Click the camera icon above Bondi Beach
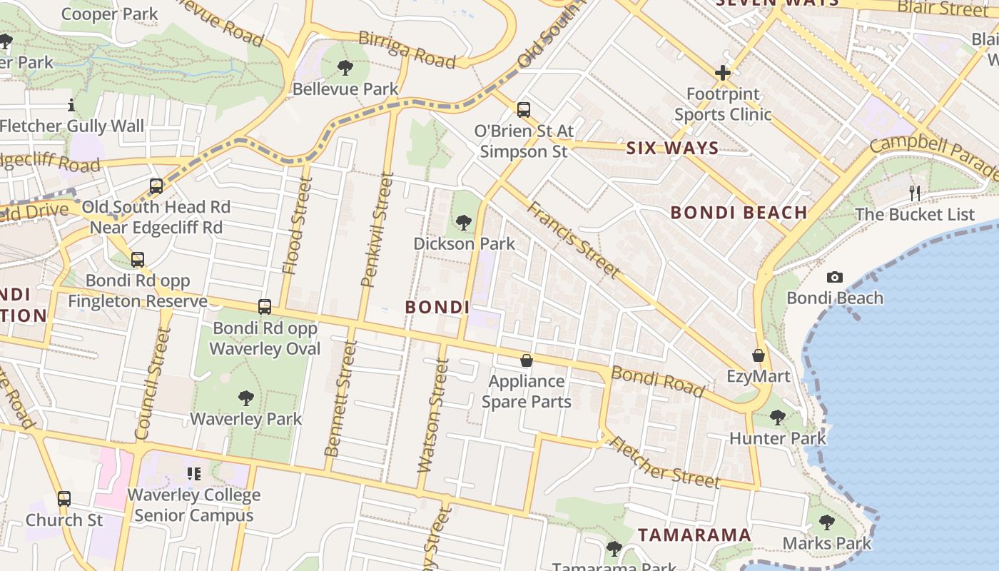tap(834, 277)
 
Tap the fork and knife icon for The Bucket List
tap(914, 193)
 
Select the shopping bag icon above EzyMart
tap(758, 355)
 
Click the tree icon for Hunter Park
tap(777, 417)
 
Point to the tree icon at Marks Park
tap(826, 522)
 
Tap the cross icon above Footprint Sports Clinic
tap(722, 73)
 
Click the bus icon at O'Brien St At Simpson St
tap(524, 110)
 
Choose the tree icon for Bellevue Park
tap(345, 69)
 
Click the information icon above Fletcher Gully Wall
tap(71, 106)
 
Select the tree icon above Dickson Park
tap(464, 223)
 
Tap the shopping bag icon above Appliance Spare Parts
tap(526, 360)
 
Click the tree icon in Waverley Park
tap(245, 398)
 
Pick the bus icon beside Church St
tap(64, 498)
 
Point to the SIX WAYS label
tap(672, 148)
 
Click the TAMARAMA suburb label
tap(694, 535)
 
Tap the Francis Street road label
tap(573, 239)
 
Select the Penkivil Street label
tap(377, 230)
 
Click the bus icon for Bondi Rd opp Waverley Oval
tap(265, 307)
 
